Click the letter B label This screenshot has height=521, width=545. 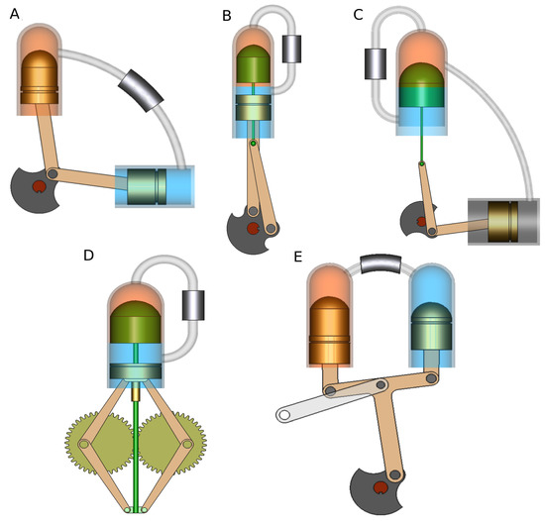coord(227,16)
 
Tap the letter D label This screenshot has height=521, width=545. coord(89,256)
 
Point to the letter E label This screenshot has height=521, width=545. coord(299,257)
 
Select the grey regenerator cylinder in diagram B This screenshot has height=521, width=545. coord(295,49)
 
